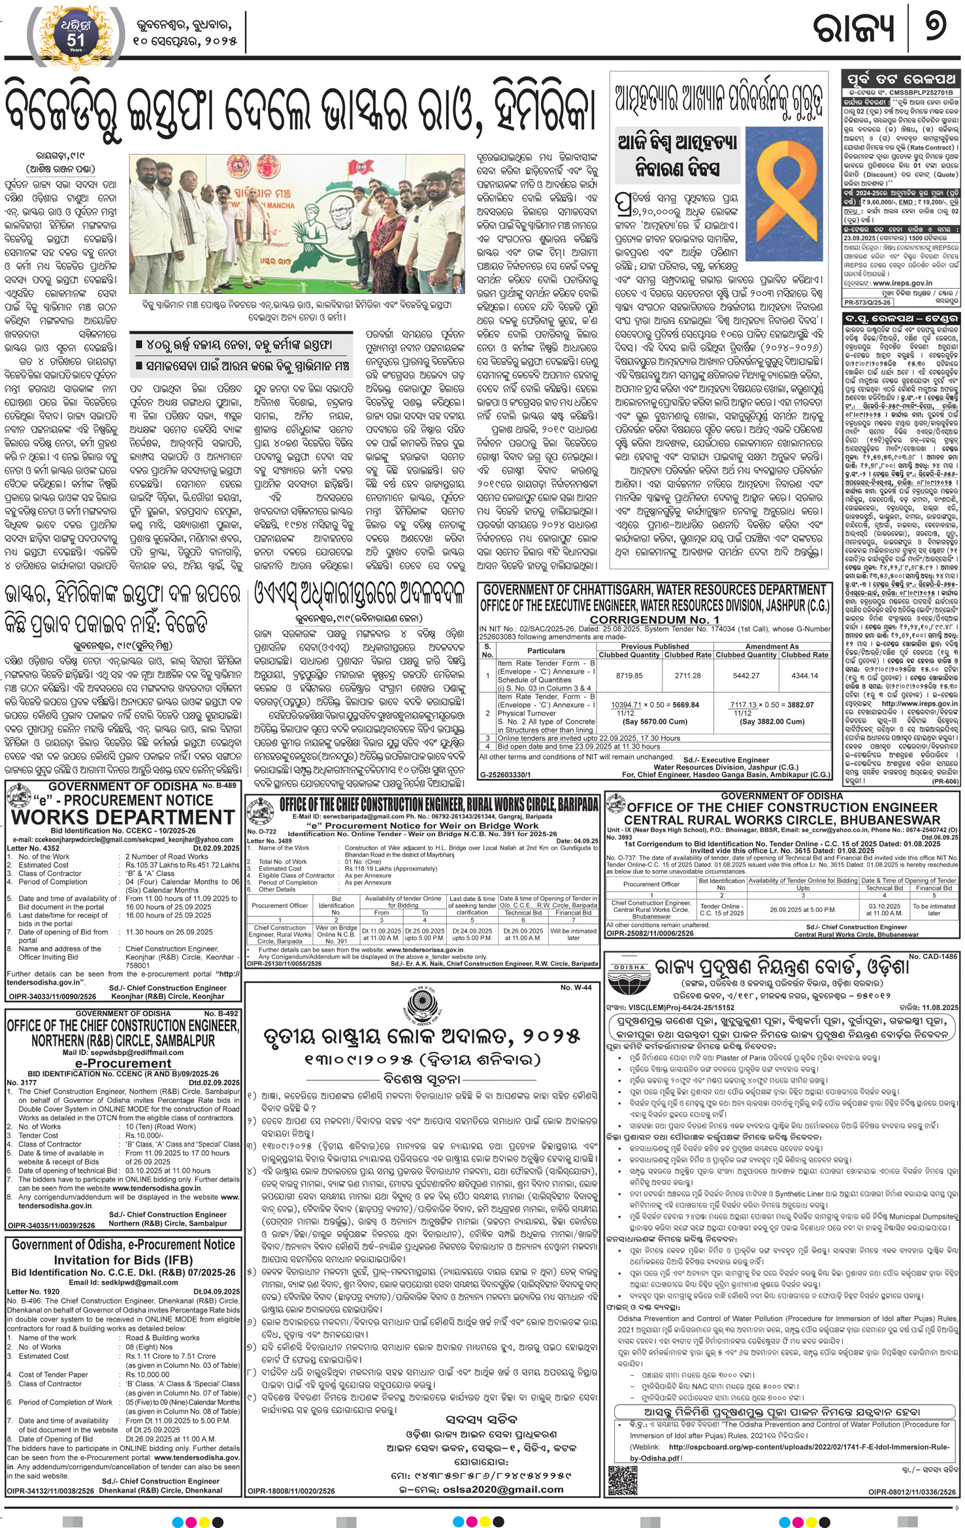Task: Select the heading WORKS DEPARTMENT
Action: click(x=123, y=817)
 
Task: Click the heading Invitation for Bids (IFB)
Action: click(x=123, y=1260)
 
